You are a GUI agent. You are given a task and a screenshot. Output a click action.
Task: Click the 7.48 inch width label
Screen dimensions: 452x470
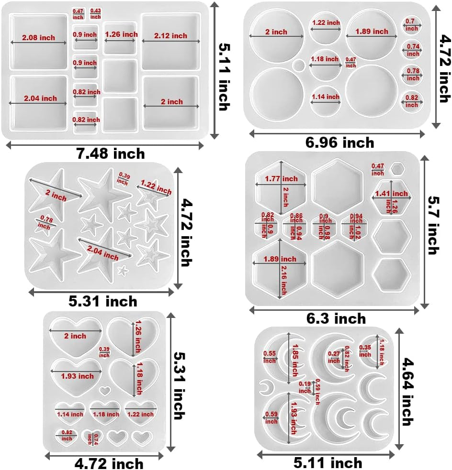110,153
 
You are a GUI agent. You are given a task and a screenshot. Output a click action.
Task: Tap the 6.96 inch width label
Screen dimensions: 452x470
339,142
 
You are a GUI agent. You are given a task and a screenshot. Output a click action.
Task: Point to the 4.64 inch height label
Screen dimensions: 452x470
407,392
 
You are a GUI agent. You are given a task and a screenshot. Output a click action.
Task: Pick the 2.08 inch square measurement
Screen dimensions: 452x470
38,37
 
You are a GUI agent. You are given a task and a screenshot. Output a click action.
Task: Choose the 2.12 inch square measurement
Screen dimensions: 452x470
170,35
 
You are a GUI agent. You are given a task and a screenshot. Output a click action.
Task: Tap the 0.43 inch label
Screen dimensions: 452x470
96,13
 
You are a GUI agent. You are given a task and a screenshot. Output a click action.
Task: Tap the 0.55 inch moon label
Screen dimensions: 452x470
270,357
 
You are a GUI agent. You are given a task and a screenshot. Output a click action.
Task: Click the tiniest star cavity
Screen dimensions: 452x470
123,271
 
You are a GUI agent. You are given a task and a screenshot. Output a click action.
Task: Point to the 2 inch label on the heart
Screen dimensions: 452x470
75,336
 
